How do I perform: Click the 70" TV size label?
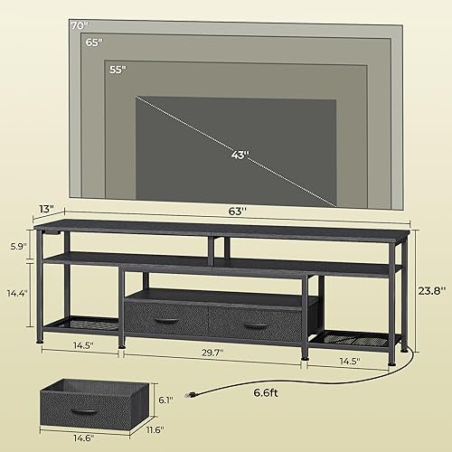[x=80, y=25]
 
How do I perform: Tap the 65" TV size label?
[x=93, y=42]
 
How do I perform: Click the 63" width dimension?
[x=237, y=211]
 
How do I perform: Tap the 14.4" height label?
[x=15, y=294]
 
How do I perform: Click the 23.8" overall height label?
[x=432, y=292]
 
